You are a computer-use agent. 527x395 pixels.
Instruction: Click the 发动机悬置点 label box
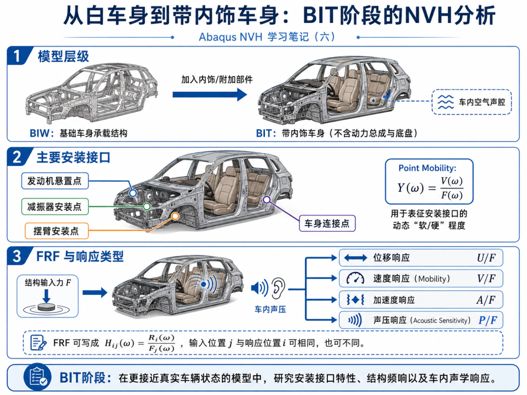(x=55, y=181)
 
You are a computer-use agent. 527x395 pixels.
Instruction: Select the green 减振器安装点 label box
(x=55, y=206)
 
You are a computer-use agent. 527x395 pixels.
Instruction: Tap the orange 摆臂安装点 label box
(x=57, y=231)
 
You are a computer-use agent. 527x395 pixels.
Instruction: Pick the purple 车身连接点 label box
(x=327, y=223)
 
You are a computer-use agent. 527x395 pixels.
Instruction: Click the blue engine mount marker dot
(x=133, y=193)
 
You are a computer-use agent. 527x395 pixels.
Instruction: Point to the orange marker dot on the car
(x=175, y=216)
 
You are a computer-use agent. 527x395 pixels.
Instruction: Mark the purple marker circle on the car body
(x=267, y=200)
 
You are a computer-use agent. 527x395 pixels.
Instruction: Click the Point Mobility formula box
(x=429, y=182)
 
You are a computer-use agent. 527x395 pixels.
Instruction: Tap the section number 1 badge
(x=18, y=56)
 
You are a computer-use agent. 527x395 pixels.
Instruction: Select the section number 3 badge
(x=18, y=257)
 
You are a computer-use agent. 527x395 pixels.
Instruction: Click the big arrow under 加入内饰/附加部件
(x=210, y=95)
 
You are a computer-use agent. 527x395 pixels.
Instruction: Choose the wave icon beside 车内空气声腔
(x=446, y=102)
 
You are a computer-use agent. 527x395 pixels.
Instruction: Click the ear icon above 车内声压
(x=278, y=288)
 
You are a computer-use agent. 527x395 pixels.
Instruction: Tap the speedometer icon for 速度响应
(x=355, y=278)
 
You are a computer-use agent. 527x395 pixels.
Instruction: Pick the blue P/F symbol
(x=487, y=320)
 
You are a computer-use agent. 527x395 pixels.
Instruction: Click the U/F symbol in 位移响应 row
(x=486, y=257)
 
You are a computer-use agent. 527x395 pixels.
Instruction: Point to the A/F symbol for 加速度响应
(x=486, y=299)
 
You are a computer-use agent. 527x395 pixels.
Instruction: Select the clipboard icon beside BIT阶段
(x=37, y=377)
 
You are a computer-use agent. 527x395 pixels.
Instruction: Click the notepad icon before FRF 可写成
(x=38, y=343)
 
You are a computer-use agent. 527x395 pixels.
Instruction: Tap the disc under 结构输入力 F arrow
(x=46, y=307)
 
